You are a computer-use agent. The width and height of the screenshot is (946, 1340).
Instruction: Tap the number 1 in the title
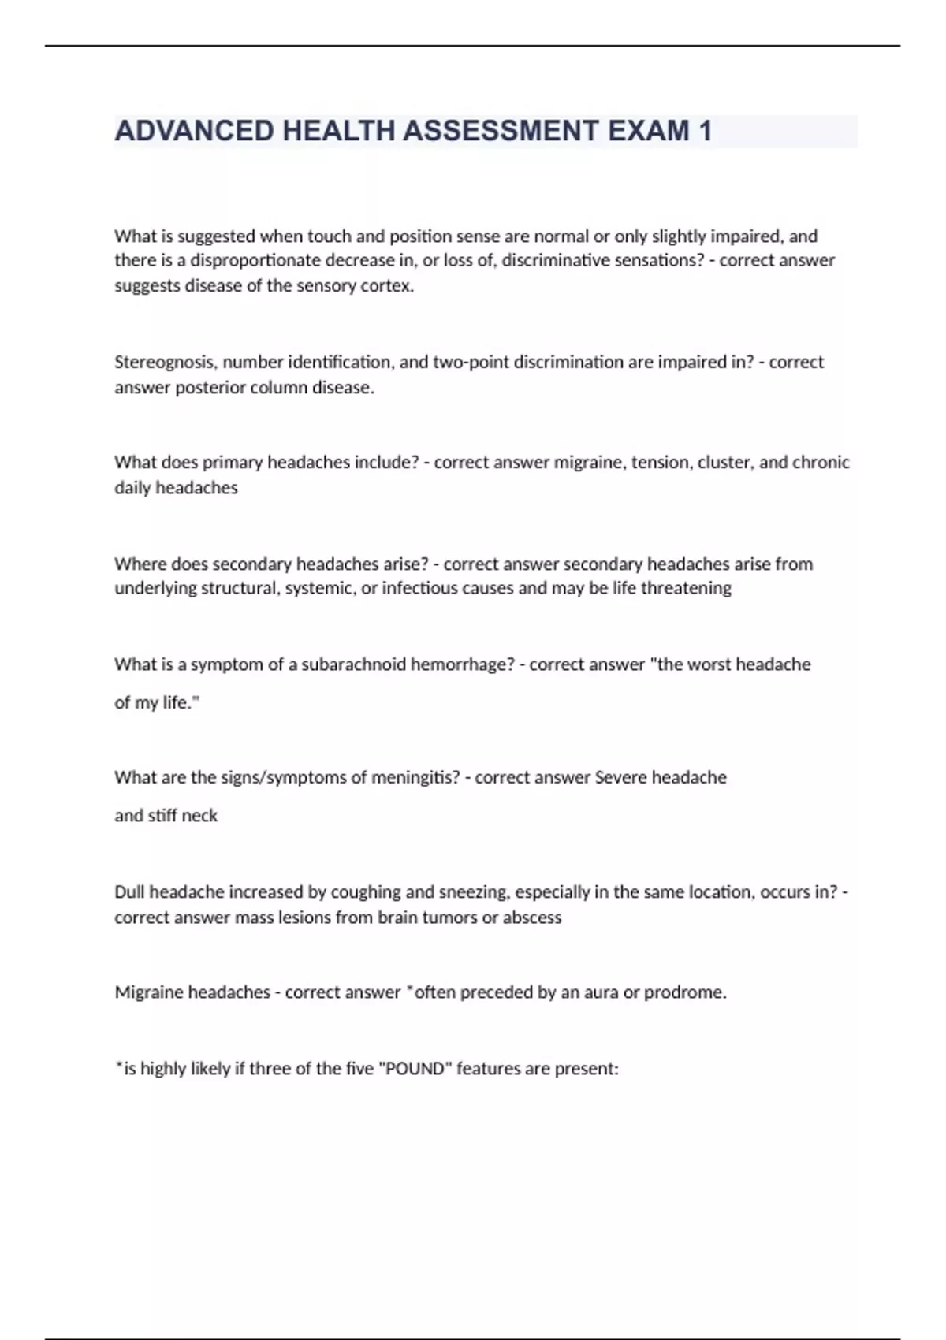pos(705,131)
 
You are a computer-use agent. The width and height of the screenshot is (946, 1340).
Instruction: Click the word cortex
pos(387,286)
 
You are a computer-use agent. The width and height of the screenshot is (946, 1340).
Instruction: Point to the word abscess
pos(532,918)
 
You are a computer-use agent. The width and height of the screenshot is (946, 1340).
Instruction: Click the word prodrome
pos(685,992)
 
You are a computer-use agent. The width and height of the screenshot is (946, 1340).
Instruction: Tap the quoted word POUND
pos(416,1069)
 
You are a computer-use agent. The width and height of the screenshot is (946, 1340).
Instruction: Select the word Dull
pos(129,892)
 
